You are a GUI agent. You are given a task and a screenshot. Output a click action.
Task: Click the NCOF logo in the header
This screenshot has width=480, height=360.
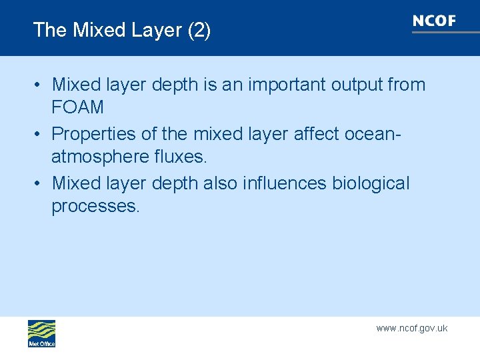[x=434, y=21]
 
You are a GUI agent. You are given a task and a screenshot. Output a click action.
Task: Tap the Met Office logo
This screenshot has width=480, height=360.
[x=41, y=333]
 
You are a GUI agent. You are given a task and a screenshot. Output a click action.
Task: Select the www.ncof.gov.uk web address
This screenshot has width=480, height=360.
[x=411, y=328]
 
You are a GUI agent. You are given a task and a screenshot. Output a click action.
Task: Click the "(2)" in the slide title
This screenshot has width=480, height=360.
[x=199, y=30]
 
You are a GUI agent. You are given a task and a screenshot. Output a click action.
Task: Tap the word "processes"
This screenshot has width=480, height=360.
[x=96, y=206]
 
